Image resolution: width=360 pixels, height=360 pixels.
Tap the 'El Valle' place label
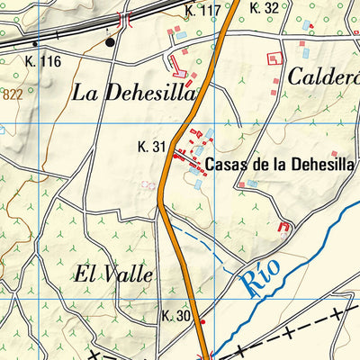(x=113, y=274)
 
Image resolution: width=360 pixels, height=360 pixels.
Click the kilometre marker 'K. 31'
(x=152, y=147)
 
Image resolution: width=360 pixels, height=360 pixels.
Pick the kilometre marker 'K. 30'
(x=177, y=317)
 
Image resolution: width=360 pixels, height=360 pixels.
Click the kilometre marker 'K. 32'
(x=265, y=8)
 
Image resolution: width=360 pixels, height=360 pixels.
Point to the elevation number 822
(x=12, y=93)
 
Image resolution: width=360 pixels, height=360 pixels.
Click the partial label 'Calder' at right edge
(x=322, y=76)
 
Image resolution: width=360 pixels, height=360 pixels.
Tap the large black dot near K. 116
(x=111, y=41)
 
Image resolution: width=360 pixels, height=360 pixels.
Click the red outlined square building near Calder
(x=274, y=58)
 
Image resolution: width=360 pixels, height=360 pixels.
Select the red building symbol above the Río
(x=285, y=227)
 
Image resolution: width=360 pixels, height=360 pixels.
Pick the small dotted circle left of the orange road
(x=148, y=184)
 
